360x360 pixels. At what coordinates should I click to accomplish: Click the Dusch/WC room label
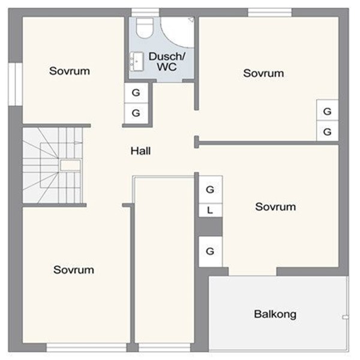[167, 62]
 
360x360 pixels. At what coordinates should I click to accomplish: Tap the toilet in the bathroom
[145, 28]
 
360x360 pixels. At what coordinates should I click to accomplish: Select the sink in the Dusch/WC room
[137, 62]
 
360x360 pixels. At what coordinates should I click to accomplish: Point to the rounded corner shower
[177, 32]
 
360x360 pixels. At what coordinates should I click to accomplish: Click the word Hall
[141, 151]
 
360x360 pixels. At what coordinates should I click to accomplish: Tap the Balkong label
[275, 314]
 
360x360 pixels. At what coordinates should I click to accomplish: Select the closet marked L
[211, 210]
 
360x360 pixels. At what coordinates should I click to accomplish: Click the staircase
[53, 166]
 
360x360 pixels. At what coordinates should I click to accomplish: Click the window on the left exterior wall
[15, 84]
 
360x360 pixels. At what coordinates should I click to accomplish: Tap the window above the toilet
[145, 13]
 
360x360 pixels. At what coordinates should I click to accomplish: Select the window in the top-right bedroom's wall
[270, 13]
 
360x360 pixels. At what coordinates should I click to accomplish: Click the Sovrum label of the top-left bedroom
[70, 71]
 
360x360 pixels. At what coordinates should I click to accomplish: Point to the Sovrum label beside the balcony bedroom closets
[275, 207]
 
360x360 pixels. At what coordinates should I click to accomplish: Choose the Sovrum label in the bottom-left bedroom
[74, 270]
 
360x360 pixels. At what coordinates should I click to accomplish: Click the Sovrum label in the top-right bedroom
[263, 73]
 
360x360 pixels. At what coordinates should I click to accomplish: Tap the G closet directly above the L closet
[211, 190]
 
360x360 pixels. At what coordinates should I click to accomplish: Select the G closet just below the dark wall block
[211, 251]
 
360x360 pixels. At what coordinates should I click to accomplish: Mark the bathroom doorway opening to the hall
[169, 81]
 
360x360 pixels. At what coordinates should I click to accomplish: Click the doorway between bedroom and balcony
[253, 271]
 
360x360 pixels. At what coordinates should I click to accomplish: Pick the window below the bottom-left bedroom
[86, 347]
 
